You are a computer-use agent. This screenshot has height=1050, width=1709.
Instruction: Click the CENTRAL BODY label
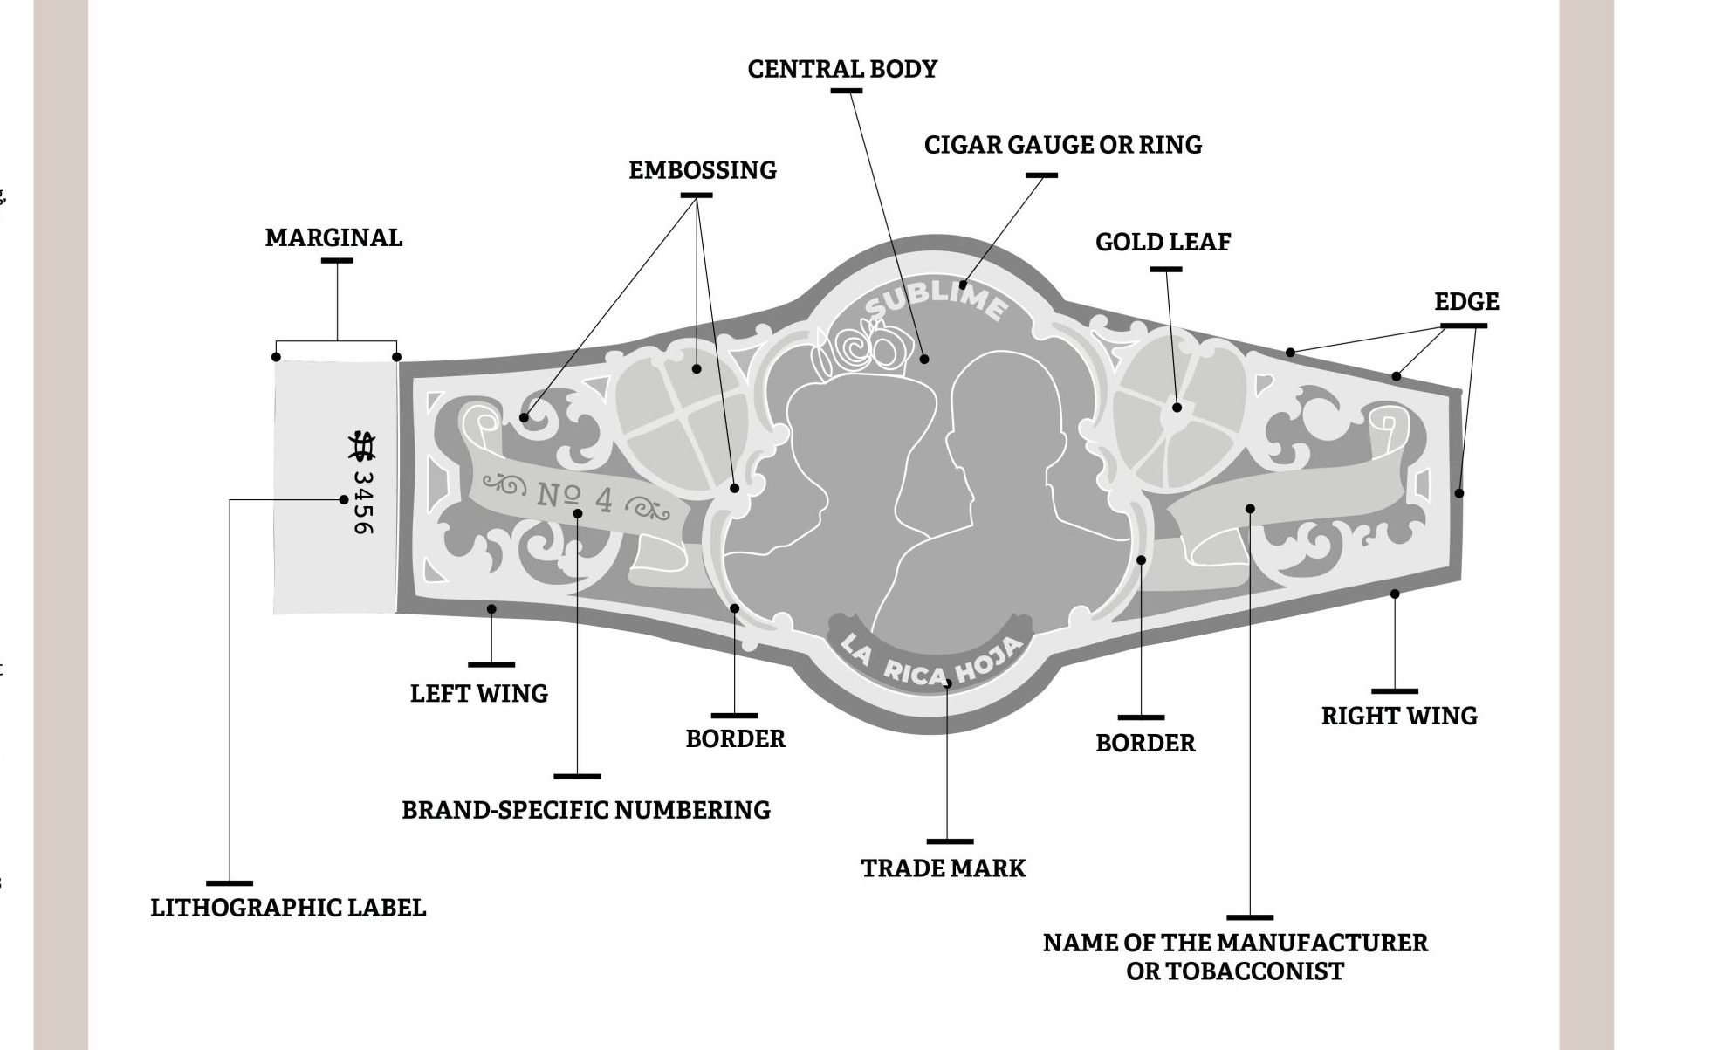point(842,69)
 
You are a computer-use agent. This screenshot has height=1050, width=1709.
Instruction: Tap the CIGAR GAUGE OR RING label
point(1063,145)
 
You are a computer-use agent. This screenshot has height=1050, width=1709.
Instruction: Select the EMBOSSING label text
point(703,170)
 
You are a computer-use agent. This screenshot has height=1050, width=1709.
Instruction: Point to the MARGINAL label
point(333,237)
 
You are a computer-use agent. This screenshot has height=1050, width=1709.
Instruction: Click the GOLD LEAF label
point(1163,243)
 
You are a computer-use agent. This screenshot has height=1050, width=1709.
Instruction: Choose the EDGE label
point(1466,302)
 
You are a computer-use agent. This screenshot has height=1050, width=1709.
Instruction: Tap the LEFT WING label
point(479,694)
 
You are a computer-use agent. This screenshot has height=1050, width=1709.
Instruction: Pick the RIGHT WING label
point(1399,717)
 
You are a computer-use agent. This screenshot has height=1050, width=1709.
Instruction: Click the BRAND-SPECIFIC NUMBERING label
point(586,811)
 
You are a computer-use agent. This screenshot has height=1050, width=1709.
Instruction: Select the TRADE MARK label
point(944,868)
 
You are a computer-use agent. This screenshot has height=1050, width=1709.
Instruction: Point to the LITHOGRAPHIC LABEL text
point(288,908)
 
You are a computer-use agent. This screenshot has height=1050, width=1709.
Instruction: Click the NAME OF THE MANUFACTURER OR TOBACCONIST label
point(1235,957)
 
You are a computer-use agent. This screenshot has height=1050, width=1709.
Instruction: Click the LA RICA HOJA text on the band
point(931,662)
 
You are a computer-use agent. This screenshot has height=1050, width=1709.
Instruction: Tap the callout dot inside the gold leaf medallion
point(1177,408)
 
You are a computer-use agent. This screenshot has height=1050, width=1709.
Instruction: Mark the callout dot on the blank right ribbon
point(1250,509)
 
